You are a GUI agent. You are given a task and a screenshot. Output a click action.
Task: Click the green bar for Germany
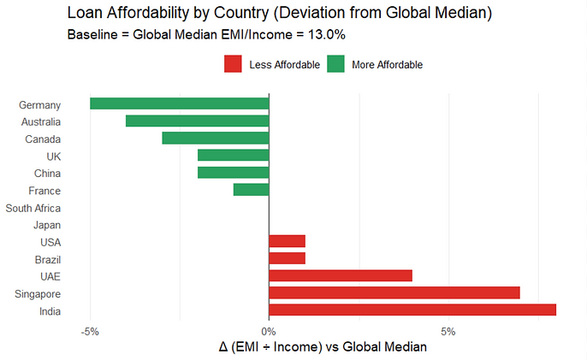point(180,103)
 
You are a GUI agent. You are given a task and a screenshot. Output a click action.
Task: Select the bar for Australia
point(198,121)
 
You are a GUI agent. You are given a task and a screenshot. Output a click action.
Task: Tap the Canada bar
point(216,139)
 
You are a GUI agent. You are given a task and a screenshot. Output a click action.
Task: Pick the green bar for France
point(252,190)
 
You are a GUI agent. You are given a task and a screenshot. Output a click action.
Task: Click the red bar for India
point(412,310)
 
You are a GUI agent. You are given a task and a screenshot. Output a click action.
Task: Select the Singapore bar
point(394,292)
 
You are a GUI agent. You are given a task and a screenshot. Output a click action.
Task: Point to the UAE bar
point(341,275)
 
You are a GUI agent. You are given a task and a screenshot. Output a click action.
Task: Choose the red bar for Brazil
point(288,258)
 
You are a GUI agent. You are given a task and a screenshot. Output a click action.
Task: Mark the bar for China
point(234,173)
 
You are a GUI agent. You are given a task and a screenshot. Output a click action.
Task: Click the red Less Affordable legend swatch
point(232,64)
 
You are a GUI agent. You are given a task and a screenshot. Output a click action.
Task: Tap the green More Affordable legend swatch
point(335,64)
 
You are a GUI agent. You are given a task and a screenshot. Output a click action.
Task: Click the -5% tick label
point(90,332)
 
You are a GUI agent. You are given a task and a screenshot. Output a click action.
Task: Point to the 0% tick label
point(269,332)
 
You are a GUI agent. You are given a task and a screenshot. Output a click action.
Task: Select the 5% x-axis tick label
point(448,332)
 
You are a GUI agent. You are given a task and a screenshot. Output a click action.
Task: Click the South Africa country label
point(33,208)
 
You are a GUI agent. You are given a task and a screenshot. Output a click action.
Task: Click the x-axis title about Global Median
point(323,348)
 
